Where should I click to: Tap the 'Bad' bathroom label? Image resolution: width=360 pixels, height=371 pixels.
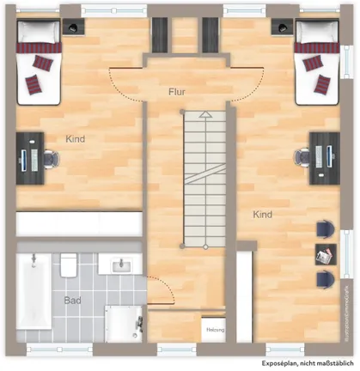pos(73,301)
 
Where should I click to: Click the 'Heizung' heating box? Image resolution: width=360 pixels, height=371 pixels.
pos(213,328)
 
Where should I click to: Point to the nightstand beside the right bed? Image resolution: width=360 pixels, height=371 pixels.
pos(280,27)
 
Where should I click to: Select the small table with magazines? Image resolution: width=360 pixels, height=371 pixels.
pos(324,253)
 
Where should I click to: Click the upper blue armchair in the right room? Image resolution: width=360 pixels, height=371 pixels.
pos(324,228)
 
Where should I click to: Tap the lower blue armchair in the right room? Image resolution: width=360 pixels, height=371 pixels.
pos(324,277)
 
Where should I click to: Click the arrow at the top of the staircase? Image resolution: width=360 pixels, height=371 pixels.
pos(204,113)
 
